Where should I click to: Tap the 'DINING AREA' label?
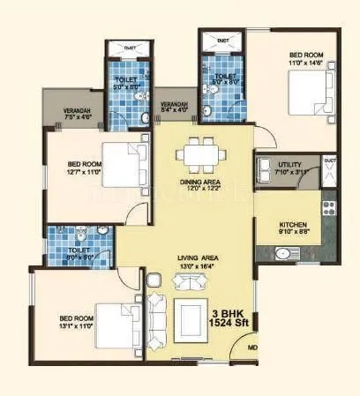pos(199,182)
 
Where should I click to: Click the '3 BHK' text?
pos(230,313)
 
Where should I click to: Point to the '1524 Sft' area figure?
pos(230,325)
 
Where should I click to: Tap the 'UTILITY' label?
pos(289,165)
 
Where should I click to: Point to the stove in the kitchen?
pos(330,210)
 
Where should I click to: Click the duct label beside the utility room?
pos(330,161)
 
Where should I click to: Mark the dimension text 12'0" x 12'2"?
pos(199,190)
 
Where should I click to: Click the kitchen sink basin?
pos(283,254)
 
